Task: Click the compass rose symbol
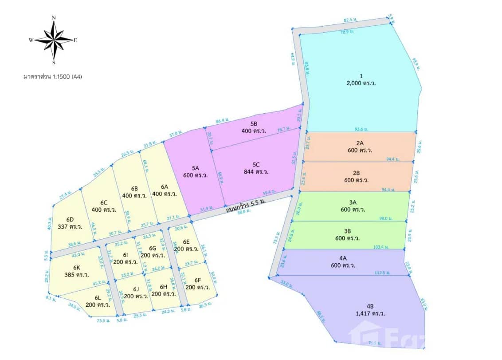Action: pyautogui.click(x=54, y=39)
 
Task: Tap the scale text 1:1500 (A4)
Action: pyautogui.click(x=53, y=76)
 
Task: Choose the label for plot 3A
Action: pyautogui.click(x=353, y=202)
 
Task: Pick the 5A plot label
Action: pyautogui.click(x=196, y=168)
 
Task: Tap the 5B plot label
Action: pyautogui.click(x=254, y=124)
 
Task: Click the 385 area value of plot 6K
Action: pyautogui.click(x=78, y=276)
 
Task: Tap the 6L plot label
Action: pyautogui.click(x=98, y=297)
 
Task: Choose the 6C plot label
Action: pyautogui.click(x=104, y=202)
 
